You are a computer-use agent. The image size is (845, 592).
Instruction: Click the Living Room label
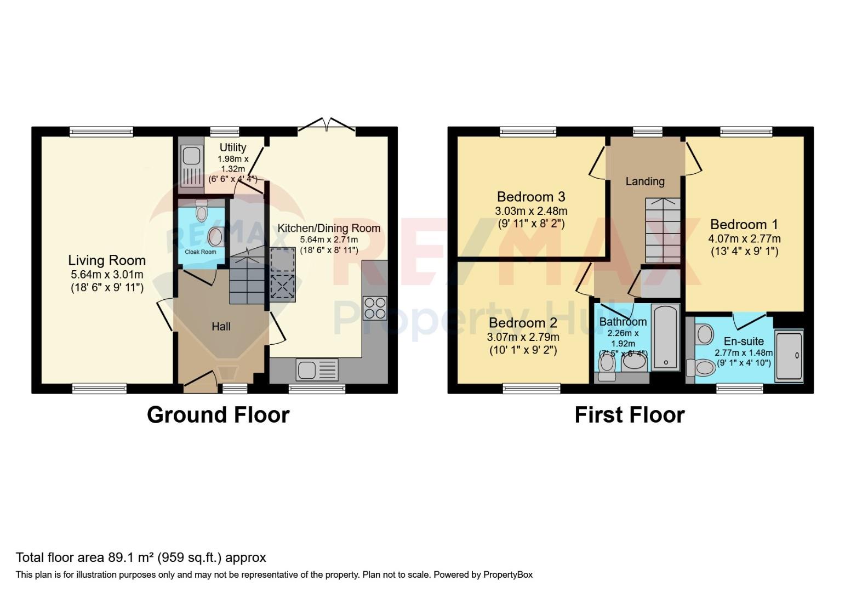[x=107, y=260]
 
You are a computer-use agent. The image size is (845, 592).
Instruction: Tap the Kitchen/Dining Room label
[x=329, y=228]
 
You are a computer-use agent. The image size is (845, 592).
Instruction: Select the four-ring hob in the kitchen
[x=375, y=308]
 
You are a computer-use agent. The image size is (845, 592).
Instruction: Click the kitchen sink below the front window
[x=317, y=369]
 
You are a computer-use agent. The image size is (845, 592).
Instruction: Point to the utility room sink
[x=192, y=166]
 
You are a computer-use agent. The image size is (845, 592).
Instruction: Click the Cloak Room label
[x=201, y=252]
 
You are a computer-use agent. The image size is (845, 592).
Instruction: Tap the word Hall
[x=221, y=326]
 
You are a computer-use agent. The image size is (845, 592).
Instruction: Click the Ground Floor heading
[x=218, y=414]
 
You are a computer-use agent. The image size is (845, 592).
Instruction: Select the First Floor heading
[x=630, y=414]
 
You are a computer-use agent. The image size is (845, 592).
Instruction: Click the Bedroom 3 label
[x=531, y=197]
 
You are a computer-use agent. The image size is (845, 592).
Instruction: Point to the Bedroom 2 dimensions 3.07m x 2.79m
[x=523, y=337]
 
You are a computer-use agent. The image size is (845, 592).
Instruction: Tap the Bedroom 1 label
[x=744, y=225]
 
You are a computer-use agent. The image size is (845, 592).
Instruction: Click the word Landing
[x=645, y=181]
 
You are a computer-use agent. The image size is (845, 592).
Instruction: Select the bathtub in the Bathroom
[x=665, y=337]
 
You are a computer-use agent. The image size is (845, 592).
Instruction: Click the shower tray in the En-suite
[x=789, y=356]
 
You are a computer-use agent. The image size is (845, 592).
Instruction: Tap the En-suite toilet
[x=701, y=367]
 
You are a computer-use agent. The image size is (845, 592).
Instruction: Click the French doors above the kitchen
[x=327, y=124]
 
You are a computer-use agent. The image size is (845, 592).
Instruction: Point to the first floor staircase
[x=663, y=231]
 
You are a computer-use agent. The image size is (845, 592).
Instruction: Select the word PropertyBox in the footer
[x=508, y=574]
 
